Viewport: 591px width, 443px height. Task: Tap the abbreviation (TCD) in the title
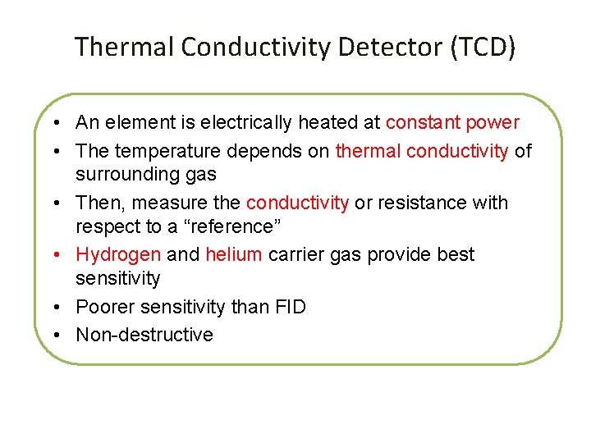tap(482, 47)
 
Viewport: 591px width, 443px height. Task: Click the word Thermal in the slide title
tap(124, 47)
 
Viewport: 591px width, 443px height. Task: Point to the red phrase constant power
tap(452, 123)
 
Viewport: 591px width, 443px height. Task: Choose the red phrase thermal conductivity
tap(422, 151)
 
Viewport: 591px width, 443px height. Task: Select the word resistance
tap(422, 203)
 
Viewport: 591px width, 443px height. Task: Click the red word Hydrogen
tap(118, 254)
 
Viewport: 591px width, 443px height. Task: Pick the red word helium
tap(233, 254)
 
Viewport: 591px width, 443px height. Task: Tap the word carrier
tap(296, 254)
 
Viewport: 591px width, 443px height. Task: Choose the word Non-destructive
tap(144, 335)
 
